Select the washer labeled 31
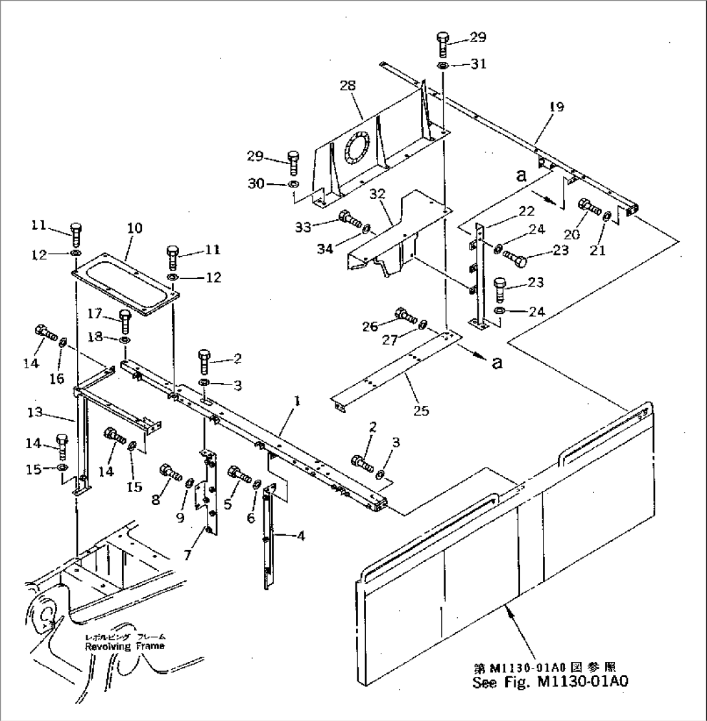pyautogui.click(x=442, y=67)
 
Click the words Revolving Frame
pyautogui.click(x=124, y=646)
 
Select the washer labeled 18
pyautogui.click(x=125, y=340)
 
